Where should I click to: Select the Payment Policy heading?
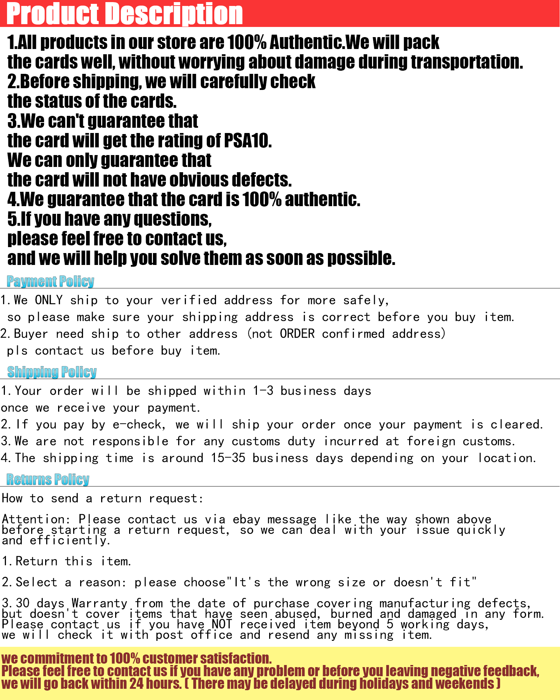click(50, 281)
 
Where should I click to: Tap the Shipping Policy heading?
click(52, 372)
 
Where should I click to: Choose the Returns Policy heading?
click(48, 479)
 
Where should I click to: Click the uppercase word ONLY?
click(49, 300)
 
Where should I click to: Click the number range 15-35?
click(228, 458)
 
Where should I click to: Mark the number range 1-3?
click(263, 391)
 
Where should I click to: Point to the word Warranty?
click(99, 603)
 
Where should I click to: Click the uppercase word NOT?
click(222, 624)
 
